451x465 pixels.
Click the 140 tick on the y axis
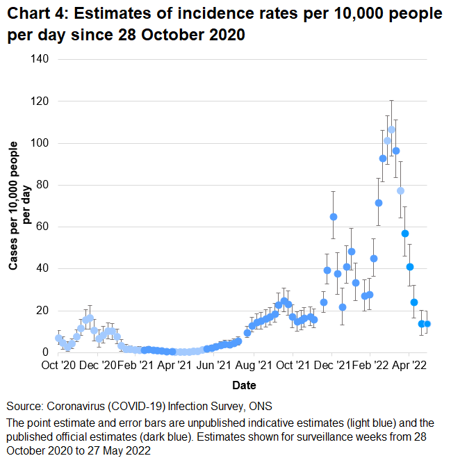[40, 60]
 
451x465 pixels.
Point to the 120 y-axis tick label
[40, 101]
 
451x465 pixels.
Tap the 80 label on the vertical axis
[43, 186]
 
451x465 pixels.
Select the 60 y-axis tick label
[43, 227]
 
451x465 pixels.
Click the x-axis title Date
[244, 385]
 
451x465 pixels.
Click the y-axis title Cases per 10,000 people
[13, 206]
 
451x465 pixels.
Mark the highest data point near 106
[392, 130]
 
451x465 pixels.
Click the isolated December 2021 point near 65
[334, 217]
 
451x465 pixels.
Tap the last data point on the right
[427, 324]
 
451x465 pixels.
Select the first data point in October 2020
[58, 338]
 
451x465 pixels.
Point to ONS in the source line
[261, 406]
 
